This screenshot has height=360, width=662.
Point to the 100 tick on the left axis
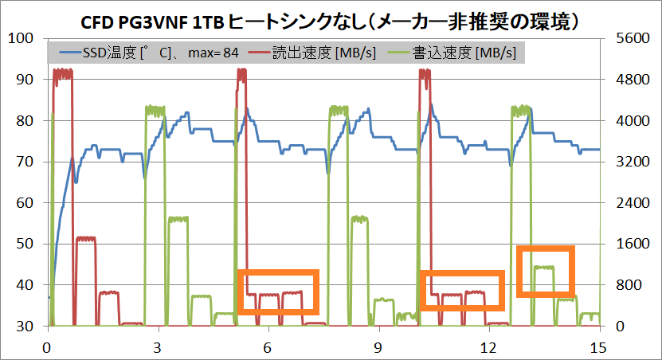pos(21,38)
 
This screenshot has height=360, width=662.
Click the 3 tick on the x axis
pos(158,347)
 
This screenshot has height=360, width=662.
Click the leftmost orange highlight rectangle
pos(278,292)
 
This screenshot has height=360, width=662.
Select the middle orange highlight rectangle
pos(463,291)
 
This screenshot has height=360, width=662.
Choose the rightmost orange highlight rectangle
pos(546,272)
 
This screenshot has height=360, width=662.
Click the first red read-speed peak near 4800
pos(62,72)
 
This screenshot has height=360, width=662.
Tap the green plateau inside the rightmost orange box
pos(545,268)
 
